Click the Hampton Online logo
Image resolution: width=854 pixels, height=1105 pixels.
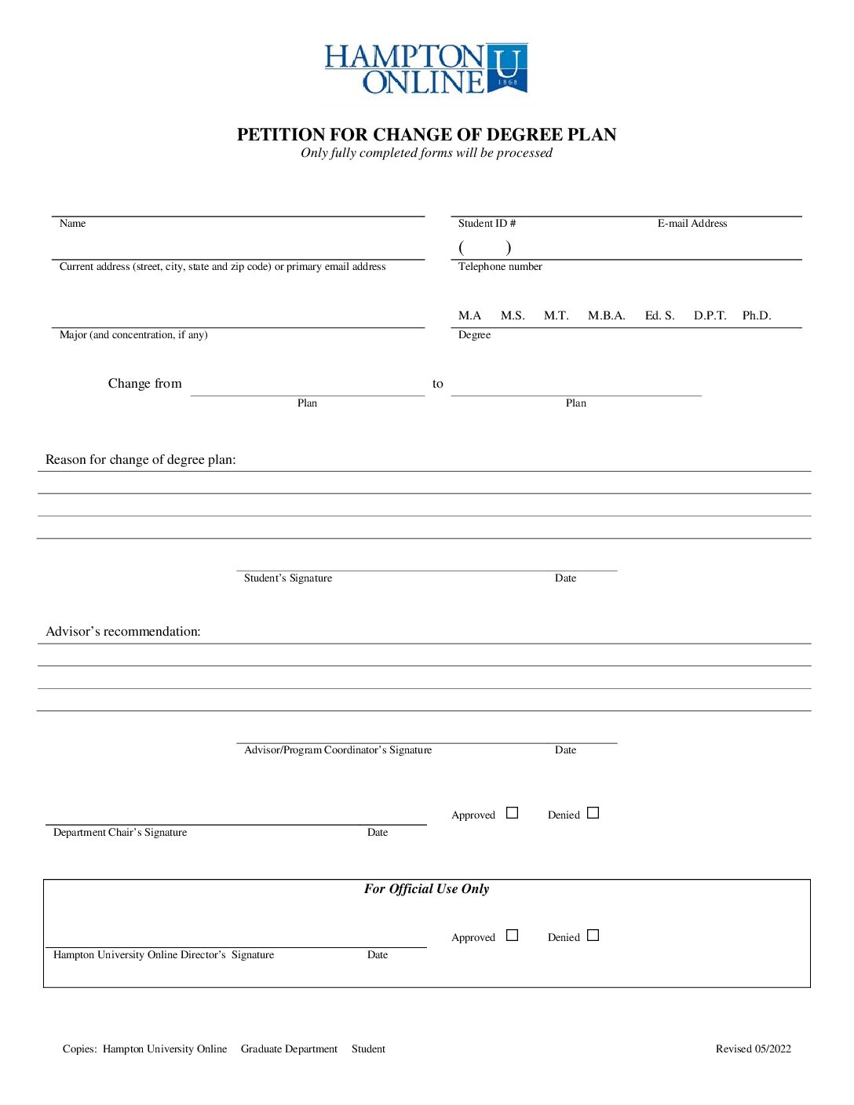426,69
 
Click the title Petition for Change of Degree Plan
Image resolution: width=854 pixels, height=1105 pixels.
426,134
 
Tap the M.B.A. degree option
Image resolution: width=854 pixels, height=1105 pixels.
606,315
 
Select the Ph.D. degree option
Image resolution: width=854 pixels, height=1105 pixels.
757,315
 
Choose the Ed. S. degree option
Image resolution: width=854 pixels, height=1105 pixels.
659,315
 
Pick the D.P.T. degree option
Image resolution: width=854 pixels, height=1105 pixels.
710,315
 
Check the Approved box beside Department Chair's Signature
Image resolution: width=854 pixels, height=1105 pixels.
513,813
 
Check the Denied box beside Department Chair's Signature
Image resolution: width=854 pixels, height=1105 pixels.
593,813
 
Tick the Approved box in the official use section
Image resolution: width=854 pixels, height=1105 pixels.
513,935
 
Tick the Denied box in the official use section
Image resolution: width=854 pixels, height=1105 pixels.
593,935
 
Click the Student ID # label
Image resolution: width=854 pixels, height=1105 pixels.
487,224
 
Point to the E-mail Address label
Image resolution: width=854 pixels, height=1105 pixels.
692,224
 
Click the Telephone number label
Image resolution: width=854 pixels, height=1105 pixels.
500,267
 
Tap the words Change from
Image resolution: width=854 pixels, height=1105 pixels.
145,384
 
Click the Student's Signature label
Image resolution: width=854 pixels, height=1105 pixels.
288,578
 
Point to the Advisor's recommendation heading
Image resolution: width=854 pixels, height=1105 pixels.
123,632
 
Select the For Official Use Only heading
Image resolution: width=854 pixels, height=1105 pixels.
426,889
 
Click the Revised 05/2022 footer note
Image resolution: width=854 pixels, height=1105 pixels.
753,1049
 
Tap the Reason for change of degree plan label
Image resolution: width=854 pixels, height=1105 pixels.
141,460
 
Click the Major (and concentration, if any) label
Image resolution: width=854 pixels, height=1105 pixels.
133,335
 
